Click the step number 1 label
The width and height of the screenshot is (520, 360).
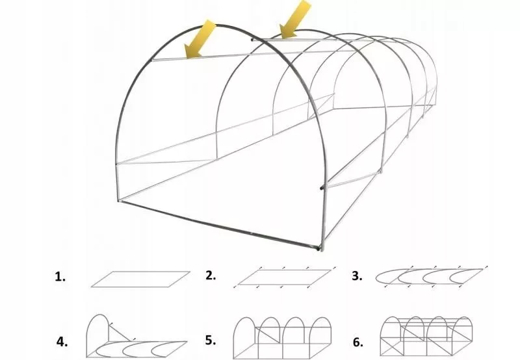pos(60,277)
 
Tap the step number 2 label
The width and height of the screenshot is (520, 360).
pos(211,276)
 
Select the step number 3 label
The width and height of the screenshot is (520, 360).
pos(357,276)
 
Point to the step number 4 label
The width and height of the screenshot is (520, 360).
pos(62,342)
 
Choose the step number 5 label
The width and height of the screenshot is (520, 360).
pos(211,341)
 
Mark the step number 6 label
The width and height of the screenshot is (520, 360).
pos(358,342)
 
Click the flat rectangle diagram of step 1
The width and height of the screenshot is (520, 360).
pos(140,279)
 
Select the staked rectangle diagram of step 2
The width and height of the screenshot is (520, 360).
pos(284,277)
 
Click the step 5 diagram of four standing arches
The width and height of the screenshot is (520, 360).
pos(282,338)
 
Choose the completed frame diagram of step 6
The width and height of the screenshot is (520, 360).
pos(426,336)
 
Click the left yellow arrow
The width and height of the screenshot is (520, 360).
pos(200,39)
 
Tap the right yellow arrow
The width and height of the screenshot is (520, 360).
pos(295,19)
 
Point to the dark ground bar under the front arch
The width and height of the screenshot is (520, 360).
pos(219,225)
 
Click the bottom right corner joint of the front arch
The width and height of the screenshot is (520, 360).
pos(320,248)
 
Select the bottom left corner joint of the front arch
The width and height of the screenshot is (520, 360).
pos(119,200)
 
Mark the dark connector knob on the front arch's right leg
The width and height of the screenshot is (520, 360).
pos(322,188)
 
